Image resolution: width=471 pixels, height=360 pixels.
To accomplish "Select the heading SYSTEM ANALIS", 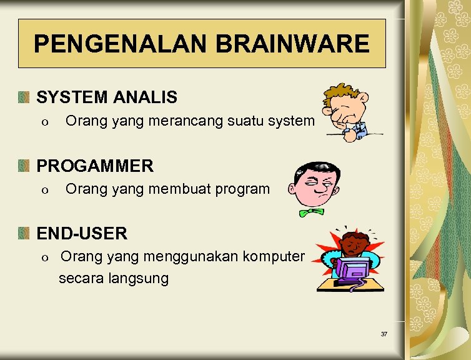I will (x=107, y=97).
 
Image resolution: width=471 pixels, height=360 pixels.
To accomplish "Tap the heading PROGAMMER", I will (x=95, y=166).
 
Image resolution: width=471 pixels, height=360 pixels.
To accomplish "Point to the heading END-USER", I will (x=82, y=234).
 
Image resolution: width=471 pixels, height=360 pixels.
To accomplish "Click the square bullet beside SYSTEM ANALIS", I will (x=24, y=97).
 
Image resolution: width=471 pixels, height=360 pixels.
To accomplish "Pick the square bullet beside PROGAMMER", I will (x=24, y=166).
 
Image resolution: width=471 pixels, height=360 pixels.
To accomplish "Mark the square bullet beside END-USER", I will (x=24, y=234).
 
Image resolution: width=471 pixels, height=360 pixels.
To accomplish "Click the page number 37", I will (x=384, y=334).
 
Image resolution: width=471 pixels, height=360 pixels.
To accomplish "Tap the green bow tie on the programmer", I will (x=312, y=212).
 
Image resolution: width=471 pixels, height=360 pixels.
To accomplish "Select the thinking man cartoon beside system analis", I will (x=347, y=112).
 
